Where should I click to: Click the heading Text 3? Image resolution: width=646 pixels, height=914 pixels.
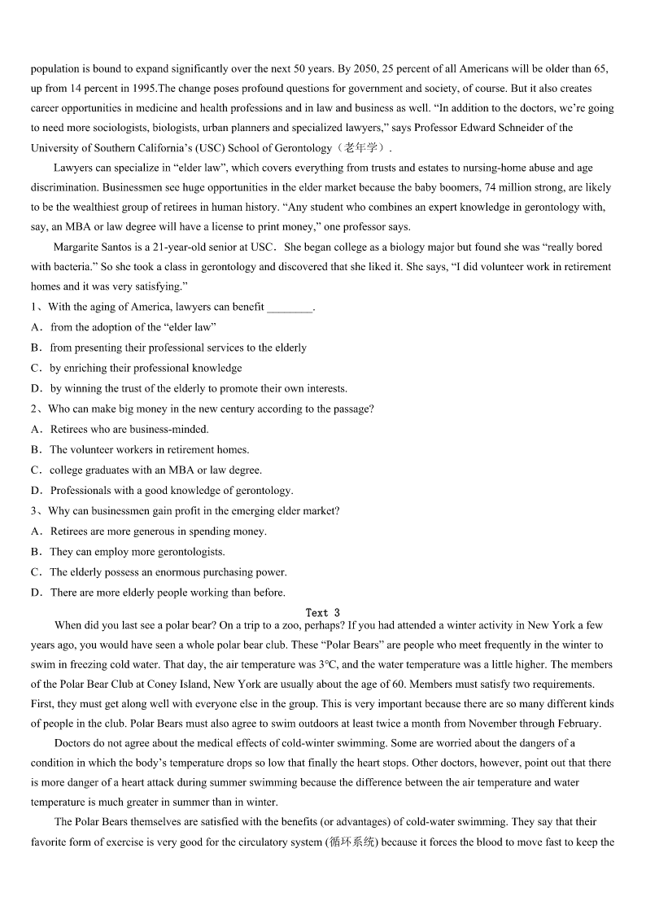click(323, 612)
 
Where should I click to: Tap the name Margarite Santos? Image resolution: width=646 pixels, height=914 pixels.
click(92, 247)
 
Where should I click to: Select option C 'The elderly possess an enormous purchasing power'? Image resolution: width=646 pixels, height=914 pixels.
click(168, 572)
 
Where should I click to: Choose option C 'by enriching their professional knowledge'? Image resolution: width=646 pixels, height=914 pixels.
click(146, 368)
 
